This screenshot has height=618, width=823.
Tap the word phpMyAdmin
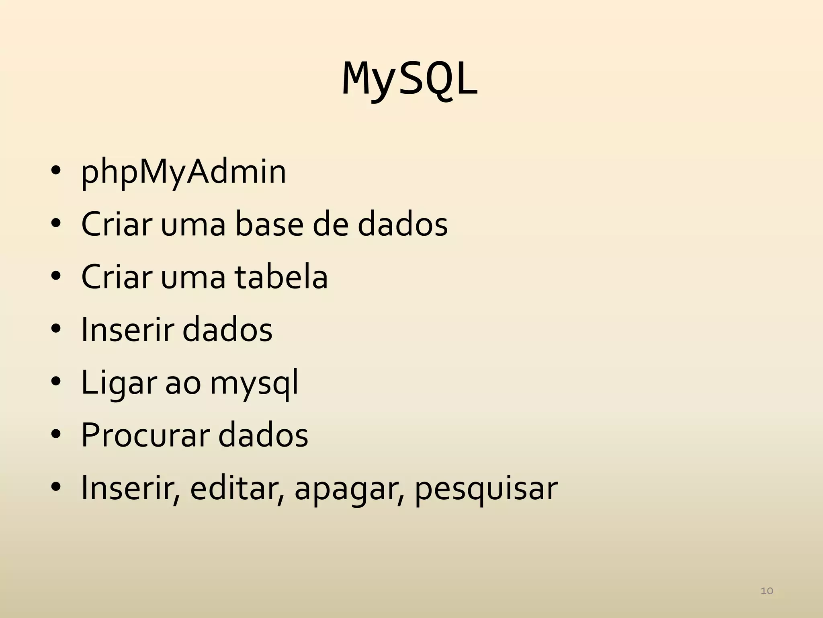[184, 172]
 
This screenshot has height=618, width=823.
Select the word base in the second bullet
[269, 225]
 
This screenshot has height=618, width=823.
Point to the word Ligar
[118, 383]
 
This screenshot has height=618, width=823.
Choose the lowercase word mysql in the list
[254, 383]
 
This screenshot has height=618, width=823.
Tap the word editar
[237, 488]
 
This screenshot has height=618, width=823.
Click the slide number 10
[767, 591]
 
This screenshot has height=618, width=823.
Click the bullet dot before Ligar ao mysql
[56, 382]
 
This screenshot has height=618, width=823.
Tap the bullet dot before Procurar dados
[56, 435]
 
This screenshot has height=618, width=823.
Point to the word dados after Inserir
[227, 330]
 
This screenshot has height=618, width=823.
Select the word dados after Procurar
[263, 435]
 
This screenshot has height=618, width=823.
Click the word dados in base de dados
[402, 225]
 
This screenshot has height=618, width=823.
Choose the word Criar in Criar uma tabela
[117, 277]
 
